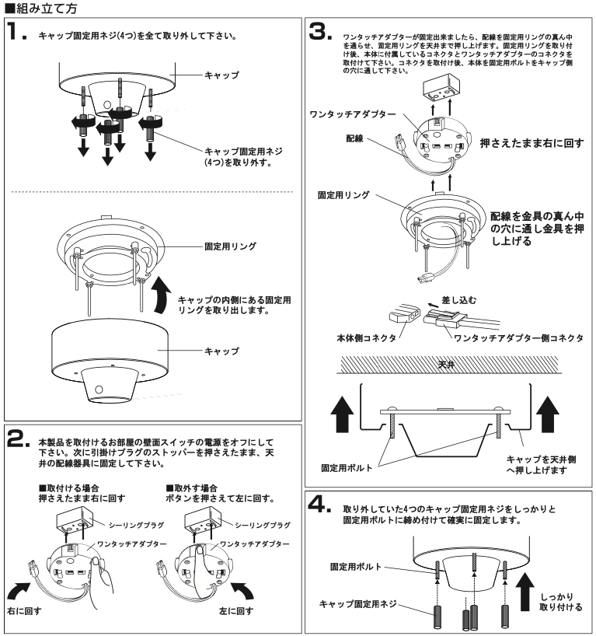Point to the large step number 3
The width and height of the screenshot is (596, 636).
pyautogui.click(x=319, y=33)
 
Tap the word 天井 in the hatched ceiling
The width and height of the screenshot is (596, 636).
pyautogui.click(x=446, y=364)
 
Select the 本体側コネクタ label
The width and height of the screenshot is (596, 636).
pyautogui.click(x=359, y=338)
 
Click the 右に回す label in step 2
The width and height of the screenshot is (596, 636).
pyautogui.click(x=25, y=611)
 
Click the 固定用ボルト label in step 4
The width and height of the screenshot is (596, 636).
pyautogui.click(x=356, y=567)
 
